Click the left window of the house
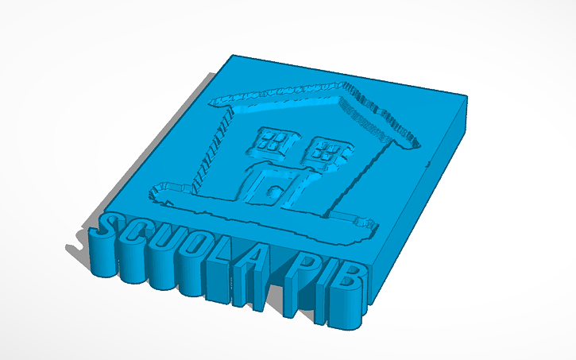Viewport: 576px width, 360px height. tap(272, 142)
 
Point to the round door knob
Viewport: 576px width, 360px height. tap(273, 192)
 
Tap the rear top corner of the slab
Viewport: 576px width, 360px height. tap(233, 56)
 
